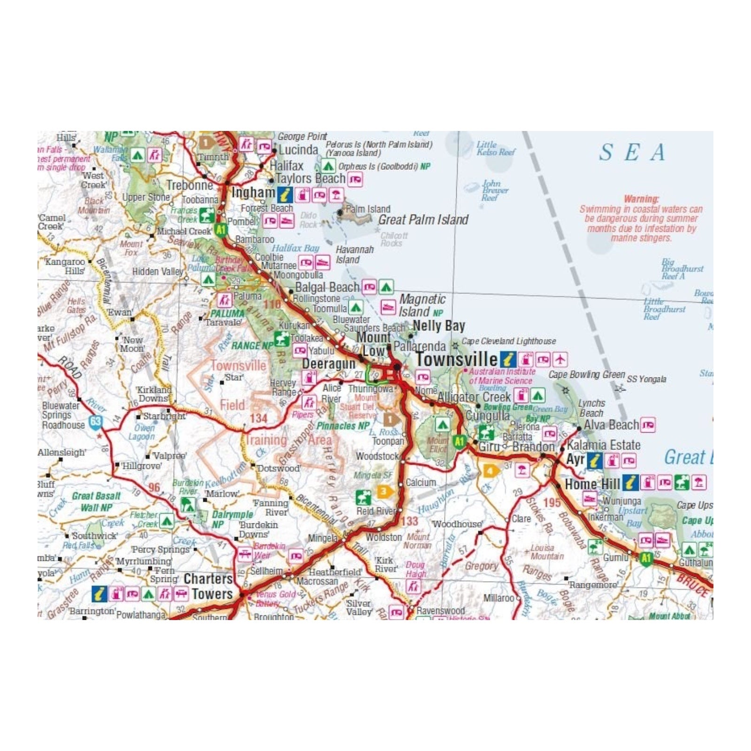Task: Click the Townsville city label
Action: click(x=456, y=359)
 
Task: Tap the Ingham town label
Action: click(x=253, y=192)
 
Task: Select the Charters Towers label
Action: click(x=209, y=586)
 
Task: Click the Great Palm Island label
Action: click(x=423, y=220)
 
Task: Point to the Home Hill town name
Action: click(x=592, y=484)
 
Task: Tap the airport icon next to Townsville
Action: click(x=560, y=360)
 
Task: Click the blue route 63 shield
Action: click(x=95, y=421)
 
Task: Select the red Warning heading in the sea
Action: click(x=641, y=199)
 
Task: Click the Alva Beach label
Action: click(x=611, y=425)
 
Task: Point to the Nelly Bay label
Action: click(x=439, y=325)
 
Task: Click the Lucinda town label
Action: click(x=299, y=150)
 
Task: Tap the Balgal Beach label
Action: click(x=327, y=287)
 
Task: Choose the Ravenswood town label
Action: click(x=441, y=611)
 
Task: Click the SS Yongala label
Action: click(x=646, y=379)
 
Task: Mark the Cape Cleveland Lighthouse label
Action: click(x=509, y=341)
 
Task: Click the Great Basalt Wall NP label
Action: click(x=96, y=501)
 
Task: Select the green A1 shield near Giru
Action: click(x=459, y=441)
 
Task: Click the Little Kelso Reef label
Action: click(x=495, y=148)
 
